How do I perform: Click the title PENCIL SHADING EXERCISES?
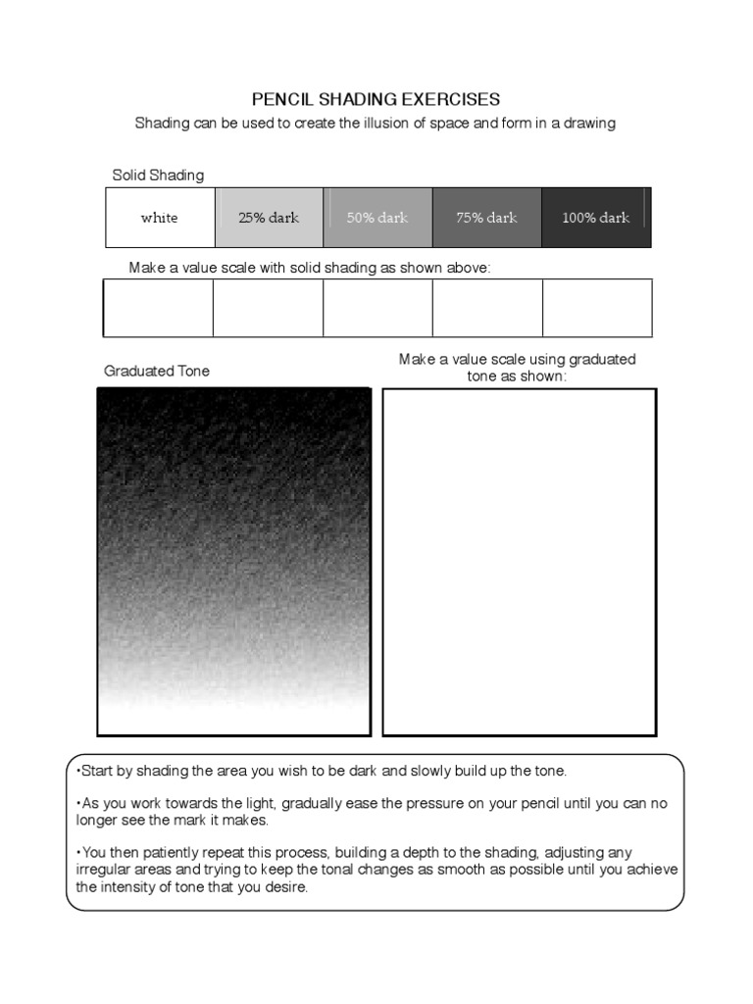(x=376, y=99)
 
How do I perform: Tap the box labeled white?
(x=160, y=218)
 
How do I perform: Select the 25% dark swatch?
(x=269, y=218)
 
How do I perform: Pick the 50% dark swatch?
(x=377, y=218)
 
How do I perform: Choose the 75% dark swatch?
(x=486, y=218)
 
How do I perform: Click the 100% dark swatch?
(x=595, y=218)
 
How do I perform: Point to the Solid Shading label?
(x=158, y=176)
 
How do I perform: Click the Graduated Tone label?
(x=157, y=371)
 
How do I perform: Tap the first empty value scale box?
(x=159, y=308)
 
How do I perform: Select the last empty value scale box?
(x=597, y=308)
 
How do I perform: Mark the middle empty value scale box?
(x=377, y=308)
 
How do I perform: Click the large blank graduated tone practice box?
(x=519, y=562)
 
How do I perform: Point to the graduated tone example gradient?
(x=233, y=562)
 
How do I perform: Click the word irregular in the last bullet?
(x=106, y=870)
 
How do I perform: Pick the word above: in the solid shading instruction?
(x=466, y=268)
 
